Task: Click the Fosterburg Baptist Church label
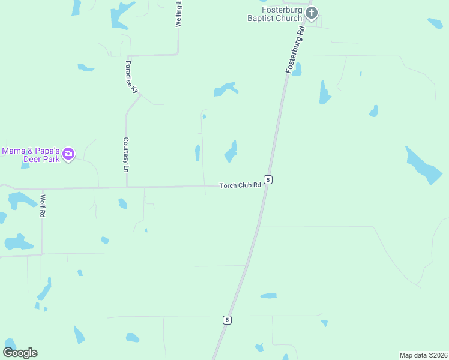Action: tap(282, 14)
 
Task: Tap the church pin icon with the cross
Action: tap(311, 13)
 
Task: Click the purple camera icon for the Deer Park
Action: tap(68, 154)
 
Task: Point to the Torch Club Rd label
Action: tap(240, 185)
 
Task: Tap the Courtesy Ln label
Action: tap(126, 154)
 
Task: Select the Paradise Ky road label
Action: tap(132, 76)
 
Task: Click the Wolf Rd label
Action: tap(43, 205)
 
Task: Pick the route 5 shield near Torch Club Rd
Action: tap(268, 179)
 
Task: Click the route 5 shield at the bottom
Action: tap(226, 320)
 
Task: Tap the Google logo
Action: tap(20, 353)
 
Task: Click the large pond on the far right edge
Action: tap(424, 166)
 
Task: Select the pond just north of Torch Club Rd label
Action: tap(231, 151)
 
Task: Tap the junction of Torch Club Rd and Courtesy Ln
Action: tap(126, 187)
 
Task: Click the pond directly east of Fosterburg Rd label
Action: tap(324, 93)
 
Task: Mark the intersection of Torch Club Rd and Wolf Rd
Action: tap(42, 188)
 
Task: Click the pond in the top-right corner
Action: tap(435, 23)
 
